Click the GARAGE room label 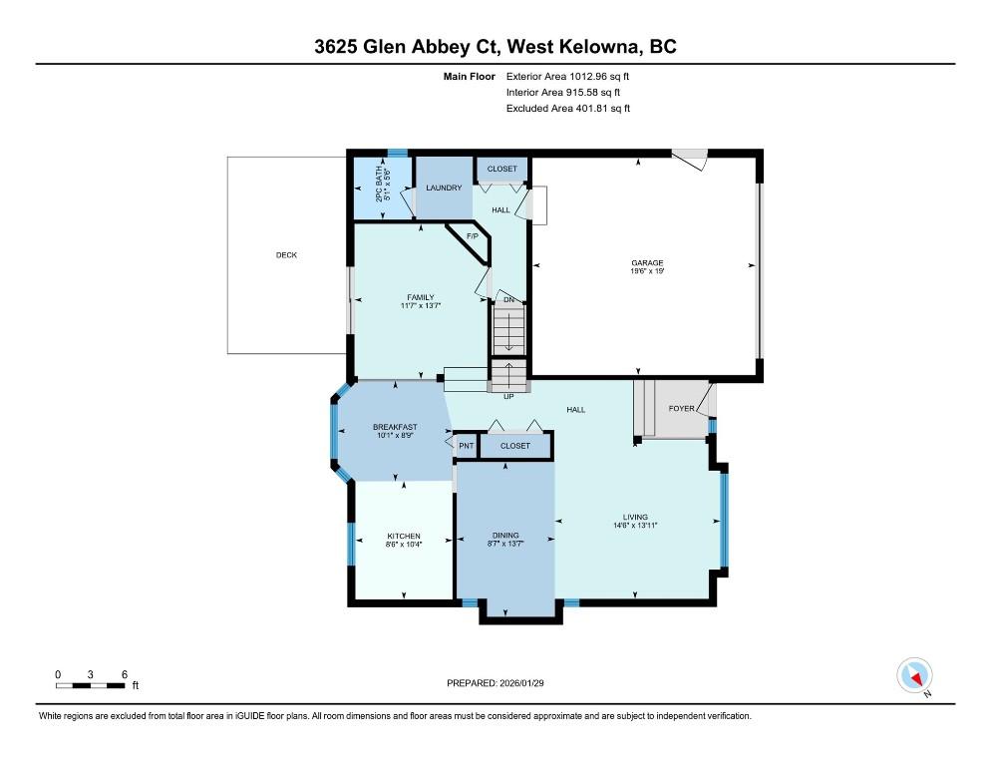647,263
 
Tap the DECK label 286,255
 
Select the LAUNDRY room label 444,188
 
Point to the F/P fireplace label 473,236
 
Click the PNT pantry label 467,446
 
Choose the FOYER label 681,409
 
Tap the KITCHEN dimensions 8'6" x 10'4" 404,544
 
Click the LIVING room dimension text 635,525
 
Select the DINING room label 505,536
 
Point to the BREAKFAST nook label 395,427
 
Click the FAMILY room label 421,297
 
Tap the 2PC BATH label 379,185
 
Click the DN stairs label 508,300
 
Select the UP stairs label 508,397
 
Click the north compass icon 915,675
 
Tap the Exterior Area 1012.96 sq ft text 567,77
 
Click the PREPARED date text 495,683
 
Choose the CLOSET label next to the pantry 515,446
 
